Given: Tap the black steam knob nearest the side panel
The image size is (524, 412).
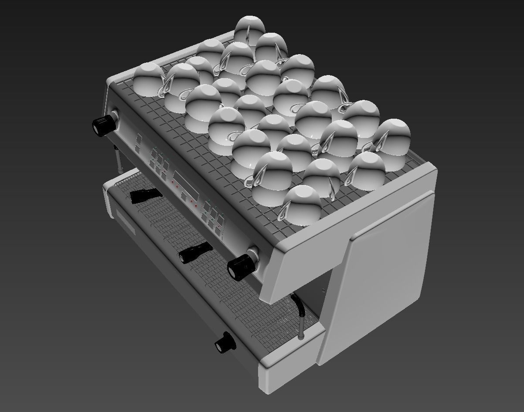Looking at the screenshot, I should (x=241, y=266).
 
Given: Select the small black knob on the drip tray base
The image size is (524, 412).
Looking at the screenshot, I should (x=225, y=343).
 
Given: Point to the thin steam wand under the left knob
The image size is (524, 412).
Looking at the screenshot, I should (x=118, y=159).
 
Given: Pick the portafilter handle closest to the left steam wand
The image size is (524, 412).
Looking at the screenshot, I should (x=146, y=195).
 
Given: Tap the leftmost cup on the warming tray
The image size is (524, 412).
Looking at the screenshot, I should (x=148, y=79).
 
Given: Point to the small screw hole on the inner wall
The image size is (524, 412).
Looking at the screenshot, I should (x=323, y=290).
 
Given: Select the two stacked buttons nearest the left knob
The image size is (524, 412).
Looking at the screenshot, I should (x=138, y=144).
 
